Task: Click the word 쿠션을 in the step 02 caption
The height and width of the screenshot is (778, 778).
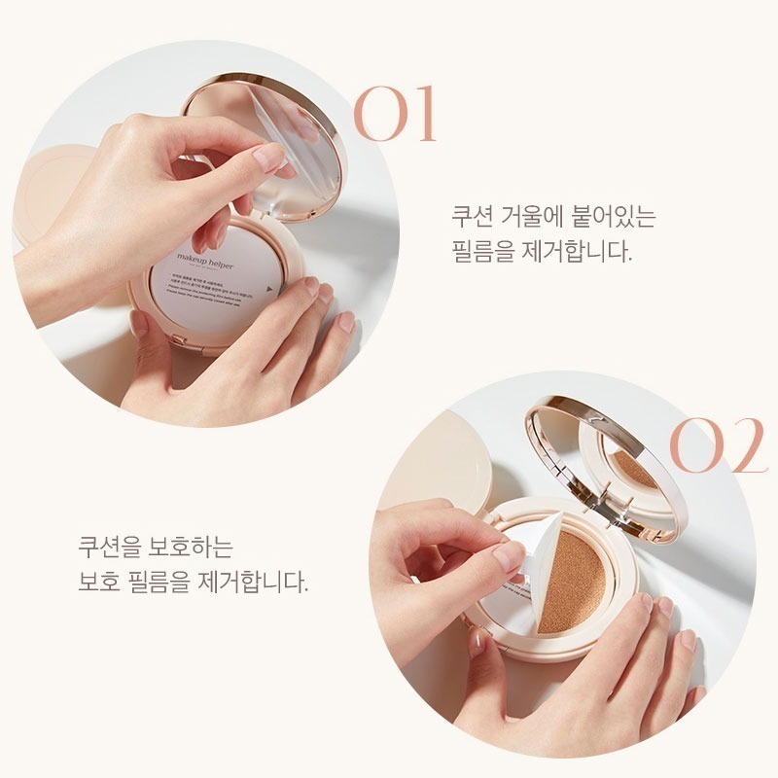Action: pyautogui.click(x=110, y=547)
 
